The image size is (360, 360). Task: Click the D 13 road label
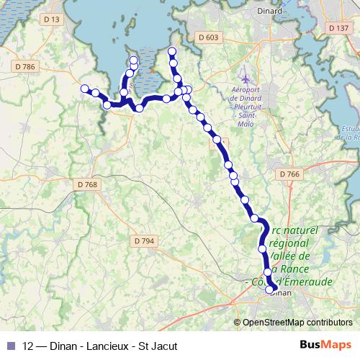pos(51,19)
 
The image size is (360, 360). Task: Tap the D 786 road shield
pos(24,66)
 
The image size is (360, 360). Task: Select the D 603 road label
pos(207,37)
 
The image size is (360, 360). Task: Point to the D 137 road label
pos(338,28)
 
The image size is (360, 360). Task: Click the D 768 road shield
pos(86,184)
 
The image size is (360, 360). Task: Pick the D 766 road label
pos(288,174)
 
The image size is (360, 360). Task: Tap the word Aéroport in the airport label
pos(245,90)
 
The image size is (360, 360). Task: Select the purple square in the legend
pos(10,346)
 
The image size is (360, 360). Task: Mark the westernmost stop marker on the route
pos(84,89)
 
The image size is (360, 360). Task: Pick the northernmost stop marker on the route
pos(171,51)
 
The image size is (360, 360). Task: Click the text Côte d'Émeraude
pos(296,282)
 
